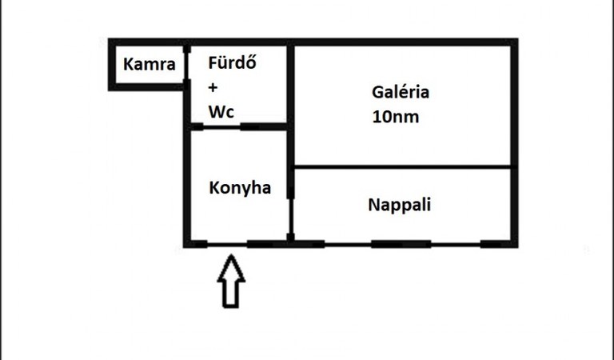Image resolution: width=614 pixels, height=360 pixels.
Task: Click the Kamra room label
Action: coord(150,64)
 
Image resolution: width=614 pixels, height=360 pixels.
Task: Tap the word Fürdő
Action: coord(232,62)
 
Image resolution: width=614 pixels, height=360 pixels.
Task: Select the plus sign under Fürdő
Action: coord(213,87)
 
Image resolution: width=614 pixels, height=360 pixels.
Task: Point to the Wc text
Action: coord(221,112)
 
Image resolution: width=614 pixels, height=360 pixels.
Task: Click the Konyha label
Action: coord(240,188)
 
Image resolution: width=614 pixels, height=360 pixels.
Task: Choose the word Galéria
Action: coord(401,92)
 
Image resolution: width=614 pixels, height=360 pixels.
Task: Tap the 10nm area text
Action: coord(396,117)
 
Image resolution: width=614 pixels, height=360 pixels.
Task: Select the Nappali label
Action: coord(400,205)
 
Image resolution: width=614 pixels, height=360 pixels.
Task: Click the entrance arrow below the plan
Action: coord(231,281)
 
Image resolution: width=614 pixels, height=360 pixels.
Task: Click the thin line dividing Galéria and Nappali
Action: coord(403,167)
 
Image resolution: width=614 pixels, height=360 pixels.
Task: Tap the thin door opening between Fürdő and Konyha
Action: coord(221,127)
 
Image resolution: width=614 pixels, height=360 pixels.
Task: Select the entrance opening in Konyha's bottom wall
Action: coord(227,245)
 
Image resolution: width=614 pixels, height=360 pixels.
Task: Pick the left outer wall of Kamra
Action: coord(112,65)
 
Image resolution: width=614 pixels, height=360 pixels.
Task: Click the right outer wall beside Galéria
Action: coord(515,143)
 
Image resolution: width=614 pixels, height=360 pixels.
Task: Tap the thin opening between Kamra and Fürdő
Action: coord(187,66)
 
